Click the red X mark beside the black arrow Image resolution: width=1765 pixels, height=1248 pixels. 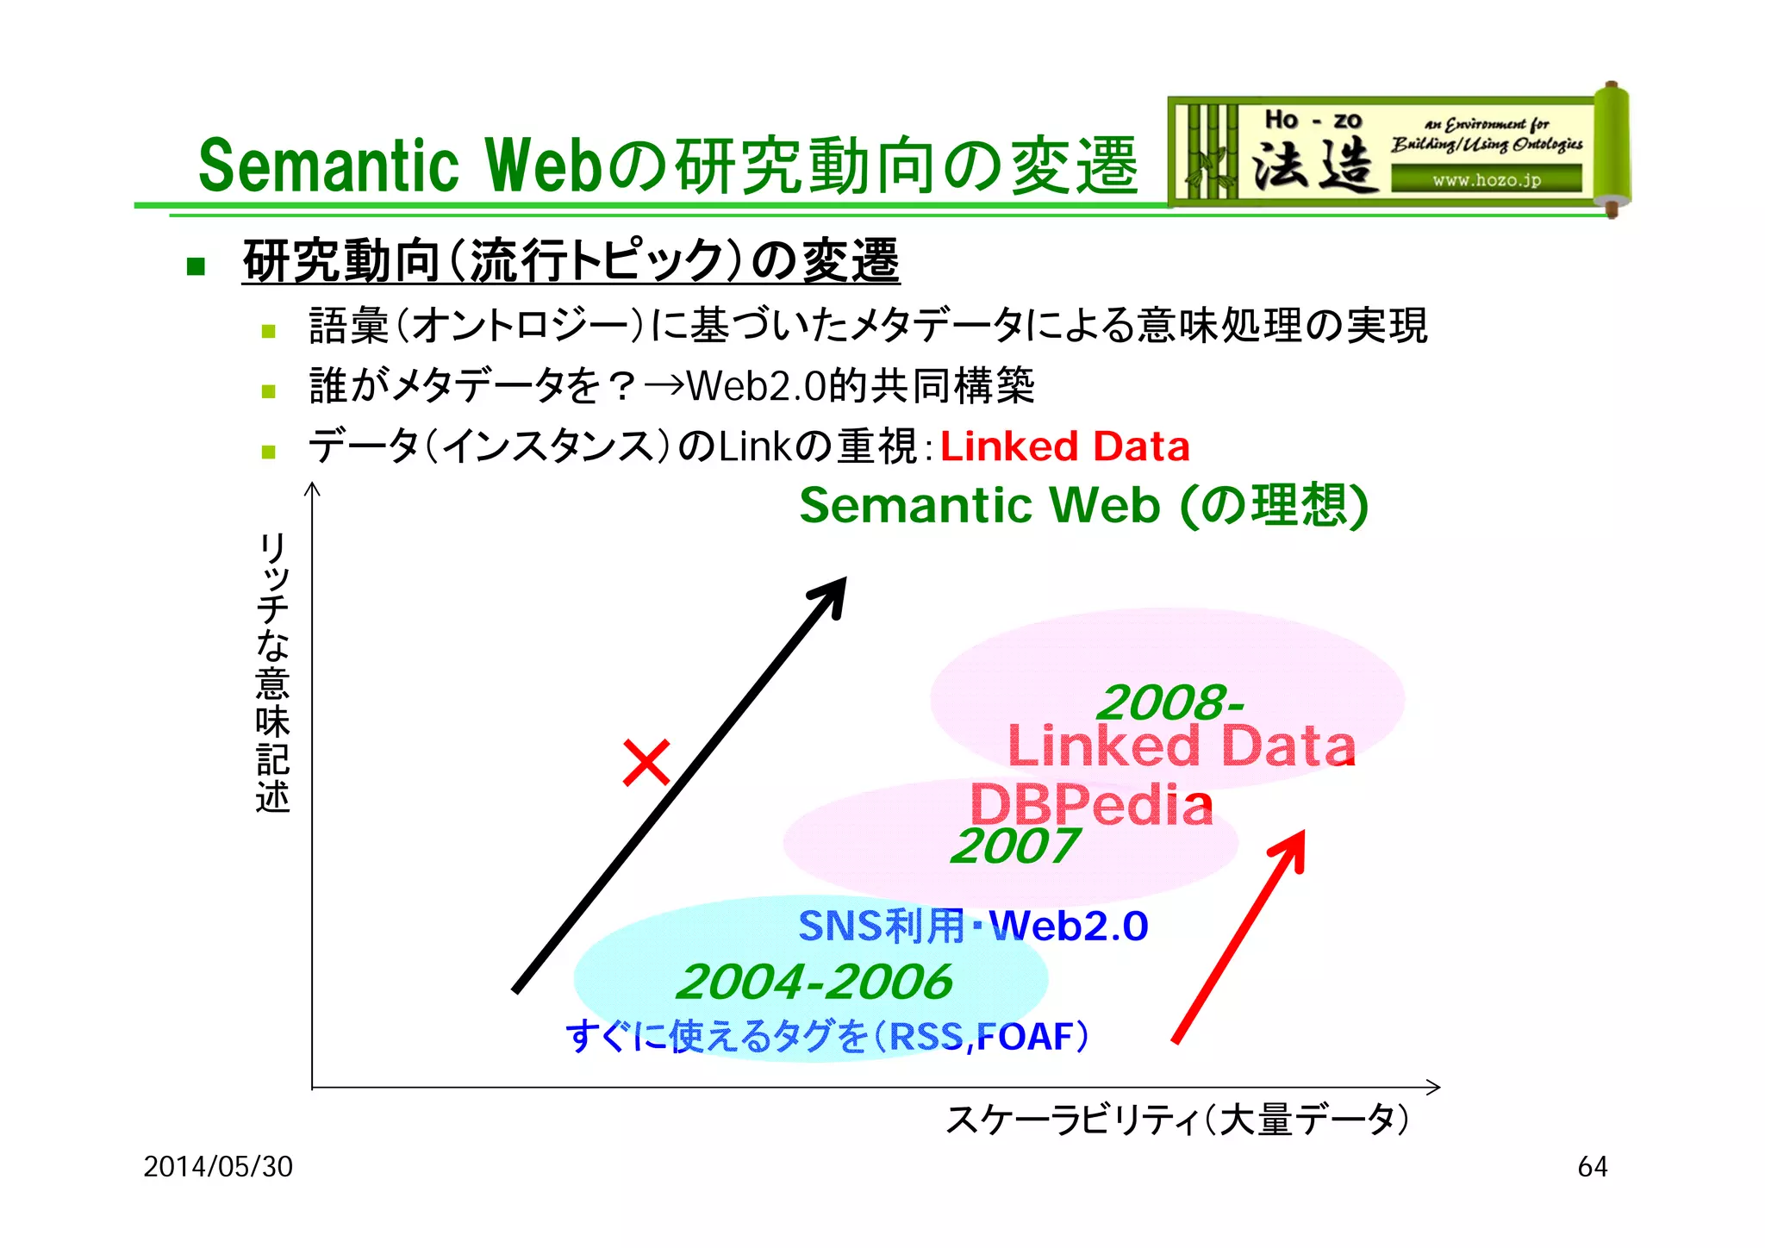pos(646,762)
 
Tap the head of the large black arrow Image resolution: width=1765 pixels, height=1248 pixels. pos(832,595)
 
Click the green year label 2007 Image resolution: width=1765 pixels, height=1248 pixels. pos(1014,846)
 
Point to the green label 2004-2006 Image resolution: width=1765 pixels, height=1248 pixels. pos(814,982)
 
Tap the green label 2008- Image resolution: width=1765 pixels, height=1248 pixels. pos(1170,702)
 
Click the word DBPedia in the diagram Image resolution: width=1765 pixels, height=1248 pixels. pos(1091,804)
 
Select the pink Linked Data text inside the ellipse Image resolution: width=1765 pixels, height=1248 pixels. pos(1181,746)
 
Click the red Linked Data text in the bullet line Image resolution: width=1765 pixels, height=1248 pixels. pos(1064,446)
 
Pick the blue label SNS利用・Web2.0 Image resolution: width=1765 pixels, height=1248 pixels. pos(973,926)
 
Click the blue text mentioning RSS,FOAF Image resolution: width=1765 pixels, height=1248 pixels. pos(827,1035)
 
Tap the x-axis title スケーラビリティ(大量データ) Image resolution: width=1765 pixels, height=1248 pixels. pos(1177,1120)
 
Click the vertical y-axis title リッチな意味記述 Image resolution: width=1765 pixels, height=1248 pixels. pos(272,672)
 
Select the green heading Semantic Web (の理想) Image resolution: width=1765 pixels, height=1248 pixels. pos(1083,505)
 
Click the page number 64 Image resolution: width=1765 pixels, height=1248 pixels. pos(1592,1166)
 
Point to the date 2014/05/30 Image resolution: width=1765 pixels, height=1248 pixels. pos(218,1166)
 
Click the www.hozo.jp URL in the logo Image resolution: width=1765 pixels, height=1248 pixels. pos(1487,180)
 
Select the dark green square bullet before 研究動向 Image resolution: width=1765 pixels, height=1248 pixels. pos(196,265)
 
